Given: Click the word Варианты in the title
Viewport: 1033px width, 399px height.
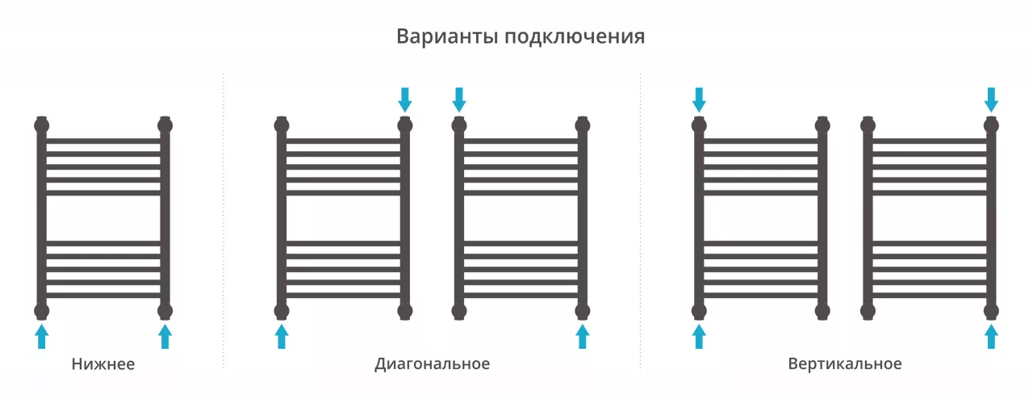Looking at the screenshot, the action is click(x=447, y=36).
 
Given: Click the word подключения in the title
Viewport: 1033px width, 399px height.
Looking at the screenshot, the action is click(x=575, y=37).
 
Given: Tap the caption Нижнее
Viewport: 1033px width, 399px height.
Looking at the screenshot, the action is click(x=103, y=364).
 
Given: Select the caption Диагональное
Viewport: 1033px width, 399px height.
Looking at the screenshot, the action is click(x=432, y=364).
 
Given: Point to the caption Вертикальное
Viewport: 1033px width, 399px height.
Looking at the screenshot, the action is click(x=845, y=364).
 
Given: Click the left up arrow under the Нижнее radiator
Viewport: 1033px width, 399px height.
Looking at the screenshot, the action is click(x=41, y=336).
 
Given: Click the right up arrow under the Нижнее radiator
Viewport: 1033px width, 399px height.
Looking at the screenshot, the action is click(x=165, y=336).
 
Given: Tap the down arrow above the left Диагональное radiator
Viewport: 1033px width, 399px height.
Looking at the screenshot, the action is click(x=405, y=100).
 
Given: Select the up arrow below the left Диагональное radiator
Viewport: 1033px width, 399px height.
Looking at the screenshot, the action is click(x=282, y=336).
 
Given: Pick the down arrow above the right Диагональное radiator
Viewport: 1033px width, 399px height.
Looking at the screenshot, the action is click(x=459, y=100).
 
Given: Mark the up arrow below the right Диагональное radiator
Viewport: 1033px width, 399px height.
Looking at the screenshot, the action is click(x=583, y=336).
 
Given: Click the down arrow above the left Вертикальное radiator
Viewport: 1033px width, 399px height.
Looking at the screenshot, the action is click(x=699, y=100).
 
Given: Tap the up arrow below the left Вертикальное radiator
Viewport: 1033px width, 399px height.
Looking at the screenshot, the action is click(x=699, y=336).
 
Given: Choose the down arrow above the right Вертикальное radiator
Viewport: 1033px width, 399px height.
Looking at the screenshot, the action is click(x=992, y=100).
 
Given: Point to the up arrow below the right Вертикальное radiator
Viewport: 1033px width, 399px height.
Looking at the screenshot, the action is click(x=992, y=336).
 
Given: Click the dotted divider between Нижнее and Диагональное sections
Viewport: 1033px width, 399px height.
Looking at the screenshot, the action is click(x=224, y=220).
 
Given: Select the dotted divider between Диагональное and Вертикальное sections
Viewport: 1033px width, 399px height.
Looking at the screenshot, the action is click(x=641, y=220).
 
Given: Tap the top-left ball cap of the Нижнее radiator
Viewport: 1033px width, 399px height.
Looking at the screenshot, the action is click(x=41, y=125).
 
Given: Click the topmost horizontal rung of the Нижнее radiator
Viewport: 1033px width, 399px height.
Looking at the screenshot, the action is click(x=103, y=141).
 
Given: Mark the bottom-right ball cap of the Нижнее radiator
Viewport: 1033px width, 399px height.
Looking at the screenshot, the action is click(x=165, y=311).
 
